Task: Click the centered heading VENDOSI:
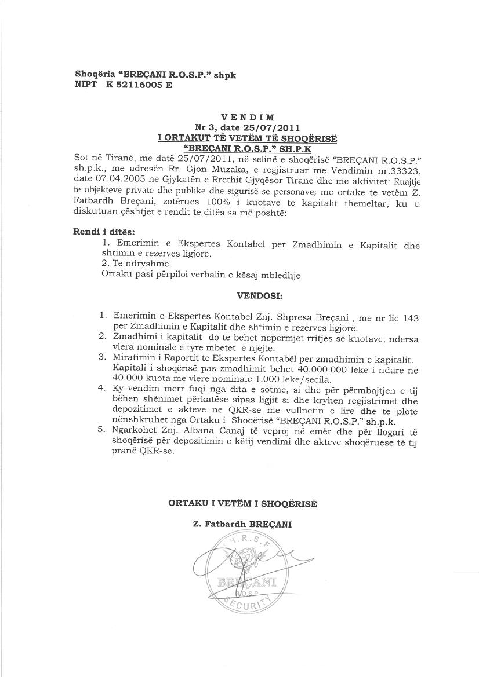(259, 296)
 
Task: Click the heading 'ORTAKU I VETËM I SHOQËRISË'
(242, 503)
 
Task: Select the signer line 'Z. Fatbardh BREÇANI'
(242, 524)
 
